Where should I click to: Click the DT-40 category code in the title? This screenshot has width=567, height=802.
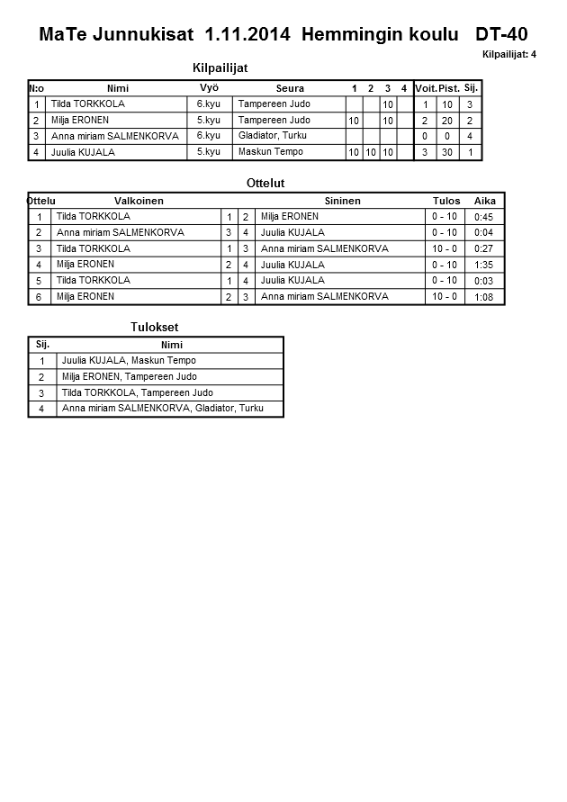pyautogui.click(x=501, y=35)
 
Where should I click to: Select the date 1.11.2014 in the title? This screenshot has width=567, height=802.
pyautogui.click(x=247, y=35)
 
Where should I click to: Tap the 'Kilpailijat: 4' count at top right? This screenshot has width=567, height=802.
pyautogui.click(x=509, y=55)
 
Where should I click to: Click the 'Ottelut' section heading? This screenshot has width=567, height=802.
pyautogui.click(x=265, y=184)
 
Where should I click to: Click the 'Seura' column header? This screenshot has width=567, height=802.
pyautogui.click(x=290, y=88)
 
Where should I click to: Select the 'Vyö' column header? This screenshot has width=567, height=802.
pyautogui.click(x=209, y=87)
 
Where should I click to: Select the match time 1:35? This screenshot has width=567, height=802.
pyautogui.click(x=483, y=266)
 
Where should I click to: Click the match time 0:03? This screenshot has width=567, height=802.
pyautogui.click(x=483, y=282)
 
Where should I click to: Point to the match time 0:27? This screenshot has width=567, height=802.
pyautogui.click(x=483, y=249)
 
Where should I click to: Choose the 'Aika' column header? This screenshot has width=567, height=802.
pyautogui.click(x=484, y=201)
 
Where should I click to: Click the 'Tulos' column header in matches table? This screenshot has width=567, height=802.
pyautogui.click(x=446, y=201)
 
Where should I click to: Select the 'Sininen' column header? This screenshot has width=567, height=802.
pyautogui.click(x=342, y=201)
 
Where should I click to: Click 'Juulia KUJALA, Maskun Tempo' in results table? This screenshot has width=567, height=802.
pyautogui.click(x=129, y=361)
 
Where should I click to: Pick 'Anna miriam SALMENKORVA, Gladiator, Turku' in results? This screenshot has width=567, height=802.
pyautogui.click(x=163, y=410)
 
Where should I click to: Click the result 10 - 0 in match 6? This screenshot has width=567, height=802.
pyautogui.click(x=445, y=296)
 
